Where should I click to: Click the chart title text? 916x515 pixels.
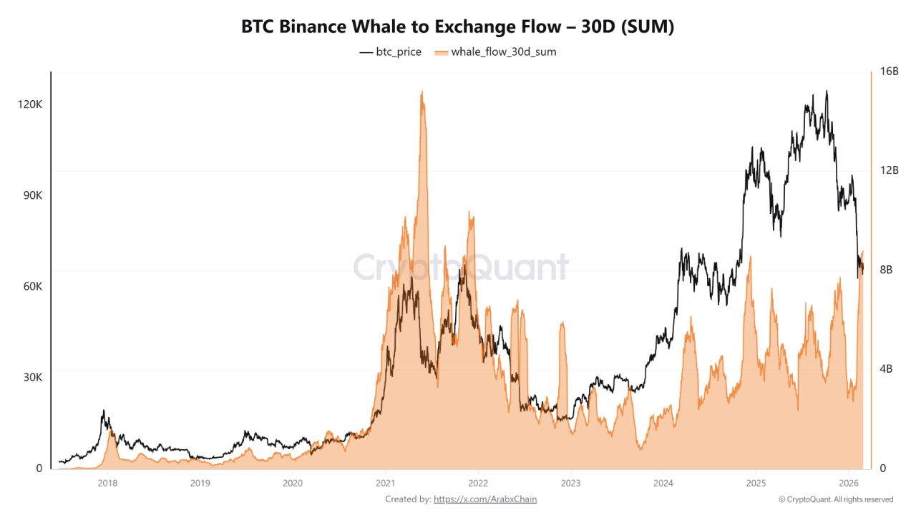[x=458, y=27]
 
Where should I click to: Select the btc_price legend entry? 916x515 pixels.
[x=391, y=51]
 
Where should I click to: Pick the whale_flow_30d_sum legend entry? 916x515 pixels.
[x=495, y=51]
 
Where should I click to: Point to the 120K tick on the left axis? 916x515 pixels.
[x=30, y=104]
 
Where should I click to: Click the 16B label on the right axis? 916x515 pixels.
[x=890, y=72]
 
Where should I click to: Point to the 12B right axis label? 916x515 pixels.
[x=890, y=170]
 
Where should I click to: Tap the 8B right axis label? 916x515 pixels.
[x=887, y=270]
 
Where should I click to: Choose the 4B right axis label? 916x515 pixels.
[x=887, y=369]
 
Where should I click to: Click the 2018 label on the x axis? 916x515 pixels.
[x=107, y=483]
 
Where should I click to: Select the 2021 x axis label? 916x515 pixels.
[x=385, y=483]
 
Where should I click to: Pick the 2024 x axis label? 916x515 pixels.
[x=663, y=483]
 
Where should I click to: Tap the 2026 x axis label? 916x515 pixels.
[x=848, y=483]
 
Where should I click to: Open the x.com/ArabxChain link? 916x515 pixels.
[x=485, y=499]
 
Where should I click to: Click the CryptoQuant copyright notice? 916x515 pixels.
[x=836, y=499]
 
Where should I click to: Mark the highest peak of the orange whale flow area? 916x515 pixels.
[x=422, y=92]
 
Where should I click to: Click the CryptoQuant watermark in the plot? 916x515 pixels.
[x=461, y=268]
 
